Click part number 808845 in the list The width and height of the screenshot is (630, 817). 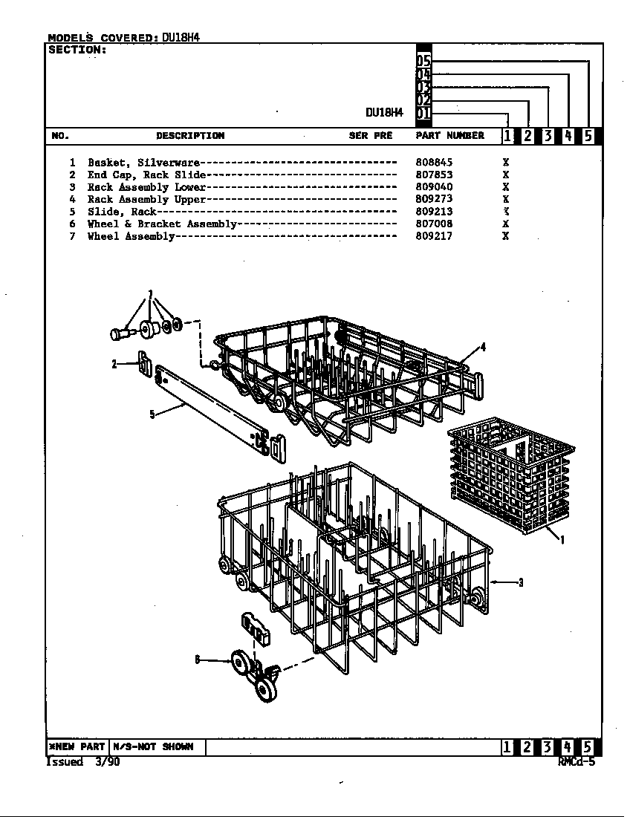[x=434, y=163]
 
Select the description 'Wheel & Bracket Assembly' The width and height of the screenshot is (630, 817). [x=162, y=224]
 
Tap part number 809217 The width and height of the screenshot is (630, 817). [x=434, y=236]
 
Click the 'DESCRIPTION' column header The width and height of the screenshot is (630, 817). [x=190, y=135]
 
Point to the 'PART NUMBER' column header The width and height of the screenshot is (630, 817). [x=449, y=135]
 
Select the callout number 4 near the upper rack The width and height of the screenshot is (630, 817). [x=483, y=347]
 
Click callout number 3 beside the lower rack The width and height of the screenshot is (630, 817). [x=521, y=582]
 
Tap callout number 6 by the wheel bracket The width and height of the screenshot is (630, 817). [x=198, y=660]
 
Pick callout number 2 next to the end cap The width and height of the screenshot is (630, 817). [x=114, y=364]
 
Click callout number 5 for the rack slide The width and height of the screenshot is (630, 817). [x=152, y=414]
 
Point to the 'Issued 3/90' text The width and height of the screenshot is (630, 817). [x=83, y=762]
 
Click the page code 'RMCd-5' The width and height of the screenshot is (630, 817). [x=577, y=762]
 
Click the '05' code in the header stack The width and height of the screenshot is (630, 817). [x=423, y=61]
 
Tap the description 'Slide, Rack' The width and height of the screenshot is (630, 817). [x=121, y=212]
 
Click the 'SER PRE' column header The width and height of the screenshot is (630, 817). [x=371, y=135]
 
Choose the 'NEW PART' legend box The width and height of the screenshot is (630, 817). [x=77, y=746]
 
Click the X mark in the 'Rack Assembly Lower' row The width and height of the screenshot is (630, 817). [x=505, y=186]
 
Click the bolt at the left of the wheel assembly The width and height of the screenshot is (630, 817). [x=122, y=333]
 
